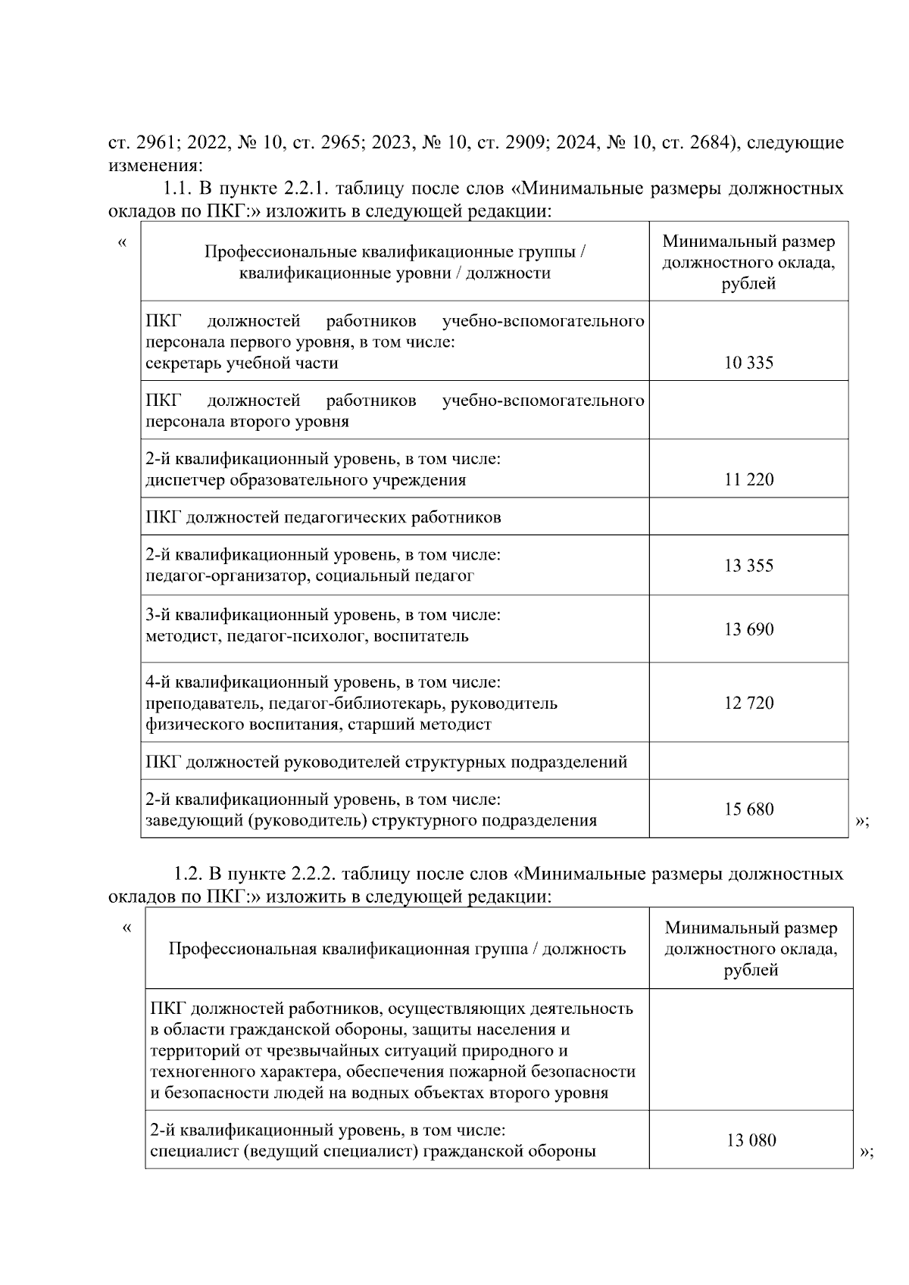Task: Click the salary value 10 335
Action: click(748, 363)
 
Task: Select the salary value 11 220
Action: click(748, 479)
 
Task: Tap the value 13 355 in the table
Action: click(748, 566)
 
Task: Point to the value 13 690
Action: click(748, 629)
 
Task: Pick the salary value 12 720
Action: click(748, 703)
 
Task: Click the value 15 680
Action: click(748, 809)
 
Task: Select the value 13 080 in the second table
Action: click(751, 1140)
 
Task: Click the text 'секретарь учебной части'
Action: click(242, 363)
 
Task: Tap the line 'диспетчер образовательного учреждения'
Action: click(305, 480)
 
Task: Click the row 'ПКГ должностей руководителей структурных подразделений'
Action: click(386, 762)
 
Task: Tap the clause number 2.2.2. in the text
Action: click(313, 874)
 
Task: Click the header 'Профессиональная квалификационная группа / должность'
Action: click(397, 949)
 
